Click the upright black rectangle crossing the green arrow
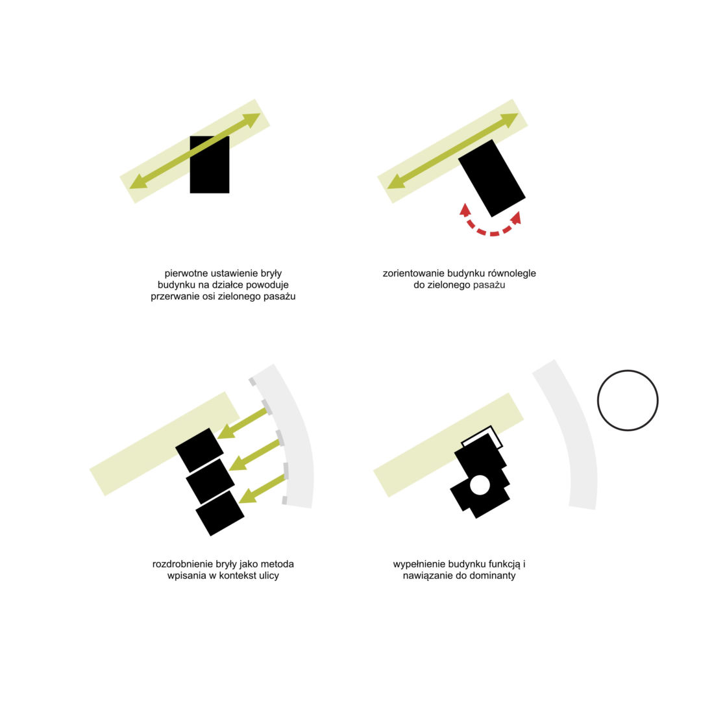click(210, 164)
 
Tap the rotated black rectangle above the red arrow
click(492, 178)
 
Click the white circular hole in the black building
click(480, 485)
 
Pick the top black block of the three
click(199, 450)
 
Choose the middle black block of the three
click(210, 481)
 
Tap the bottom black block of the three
click(220, 513)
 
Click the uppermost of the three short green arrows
click(243, 423)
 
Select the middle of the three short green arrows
click(254, 454)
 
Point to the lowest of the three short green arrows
click(263, 489)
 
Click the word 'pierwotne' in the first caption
click(186, 273)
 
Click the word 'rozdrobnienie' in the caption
click(182, 564)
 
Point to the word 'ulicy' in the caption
click(268, 576)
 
